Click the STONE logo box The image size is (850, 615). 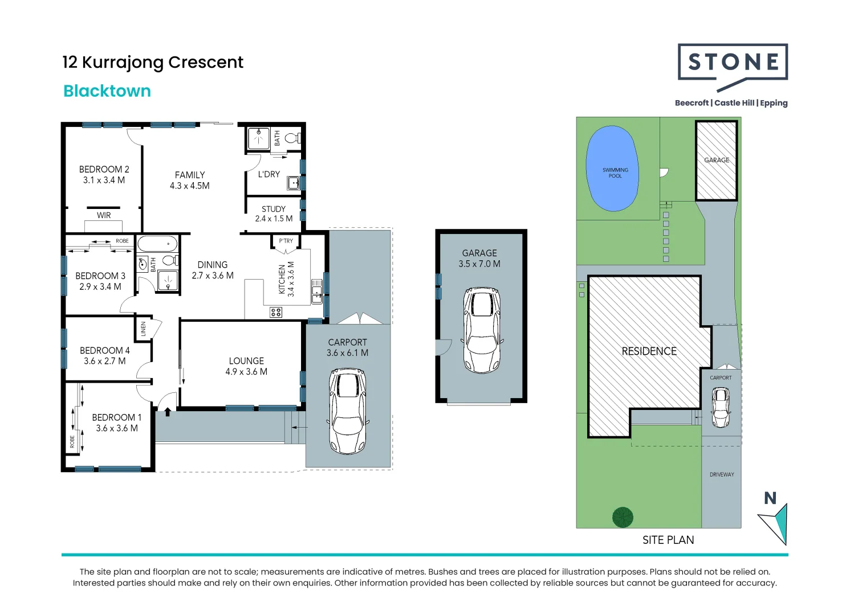pos(733,63)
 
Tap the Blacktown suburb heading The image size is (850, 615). pos(107,91)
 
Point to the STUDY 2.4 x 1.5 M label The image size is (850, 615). pos(274,214)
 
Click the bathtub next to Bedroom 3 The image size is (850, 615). pos(157,244)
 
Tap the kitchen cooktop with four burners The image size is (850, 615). pos(276,312)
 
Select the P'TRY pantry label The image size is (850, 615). pos(286,241)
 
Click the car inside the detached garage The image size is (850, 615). pos(482,330)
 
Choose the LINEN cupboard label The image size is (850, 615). pos(144,329)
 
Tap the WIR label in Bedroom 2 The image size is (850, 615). pos(104,215)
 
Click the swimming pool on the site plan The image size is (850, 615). pos(612,168)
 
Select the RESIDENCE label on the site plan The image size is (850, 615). pos(649,351)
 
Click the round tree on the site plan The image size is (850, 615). pos(623,517)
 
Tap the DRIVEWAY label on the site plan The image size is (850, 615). pos(722,474)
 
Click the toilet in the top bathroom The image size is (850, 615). pos(292,138)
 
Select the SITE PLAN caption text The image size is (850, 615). pos(668,540)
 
